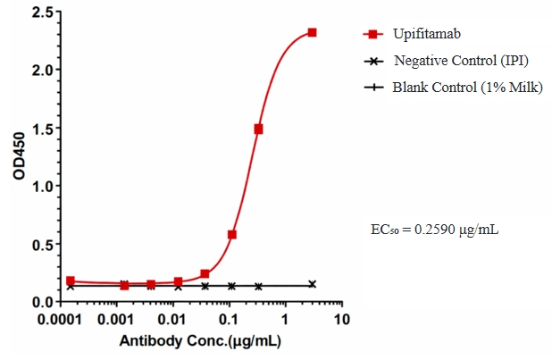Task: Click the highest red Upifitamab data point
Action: click(312, 32)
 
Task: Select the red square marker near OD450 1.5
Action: click(258, 129)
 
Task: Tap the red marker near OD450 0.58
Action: click(232, 235)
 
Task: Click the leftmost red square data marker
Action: click(71, 280)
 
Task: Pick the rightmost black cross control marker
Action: click(312, 284)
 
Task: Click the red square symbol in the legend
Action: click(372, 35)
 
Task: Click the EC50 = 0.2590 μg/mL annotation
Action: click(434, 230)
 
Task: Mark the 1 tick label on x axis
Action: click(285, 319)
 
